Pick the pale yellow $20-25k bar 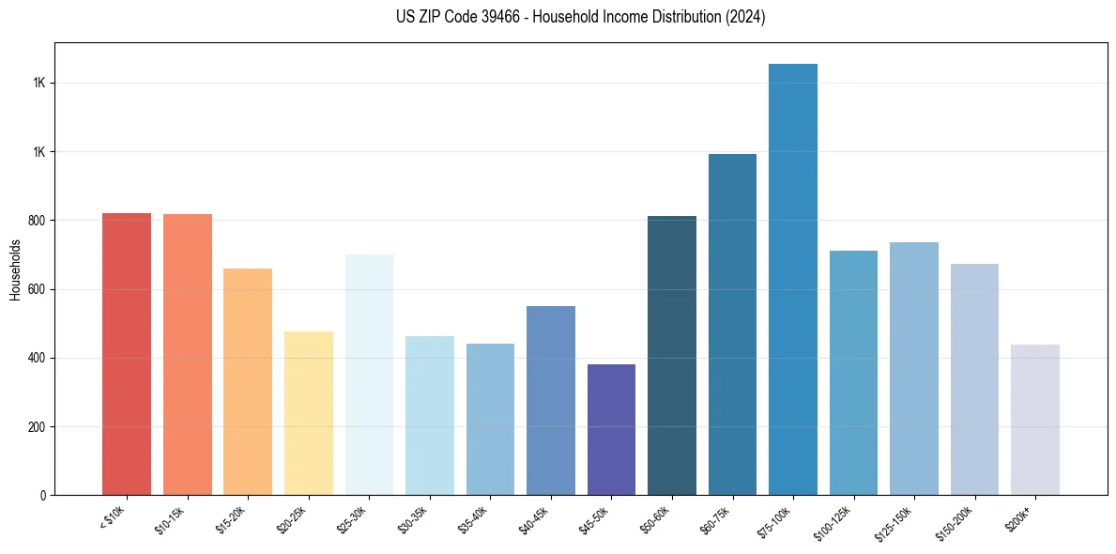pos(308,413)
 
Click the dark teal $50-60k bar pos(672,356)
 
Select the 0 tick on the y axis pos(43,496)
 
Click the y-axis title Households pos(15,269)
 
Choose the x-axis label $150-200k pos(955,522)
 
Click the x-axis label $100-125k pos(834,522)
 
